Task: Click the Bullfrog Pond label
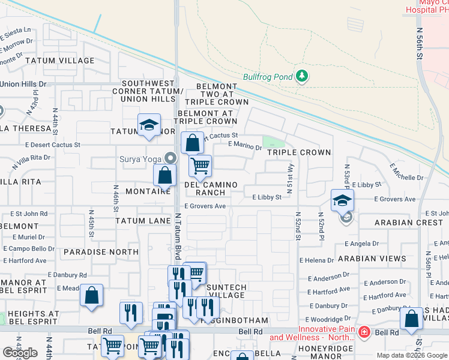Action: (x=267, y=77)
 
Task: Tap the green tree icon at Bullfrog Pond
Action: (x=302, y=76)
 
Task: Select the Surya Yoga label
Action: (x=140, y=160)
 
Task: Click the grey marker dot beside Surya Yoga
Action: (x=171, y=160)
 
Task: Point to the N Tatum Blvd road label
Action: (x=178, y=236)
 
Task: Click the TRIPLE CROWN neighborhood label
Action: (x=299, y=152)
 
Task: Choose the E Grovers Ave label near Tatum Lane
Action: (x=205, y=206)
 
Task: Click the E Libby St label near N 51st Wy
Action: (x=267, y=197)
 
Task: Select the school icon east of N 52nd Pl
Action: (x=342, y=200)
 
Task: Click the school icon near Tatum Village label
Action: (x=149, y=125)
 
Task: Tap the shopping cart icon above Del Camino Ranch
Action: (x=200, y=164)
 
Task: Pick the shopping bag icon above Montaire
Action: (x=164, y=176)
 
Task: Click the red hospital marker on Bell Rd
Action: (x=364, y=332)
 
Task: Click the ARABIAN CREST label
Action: (x=409, y=223)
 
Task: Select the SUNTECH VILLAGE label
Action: (x=226, y=291)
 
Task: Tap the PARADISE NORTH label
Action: (x=92, y=252)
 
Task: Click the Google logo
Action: (x=20, y=353)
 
